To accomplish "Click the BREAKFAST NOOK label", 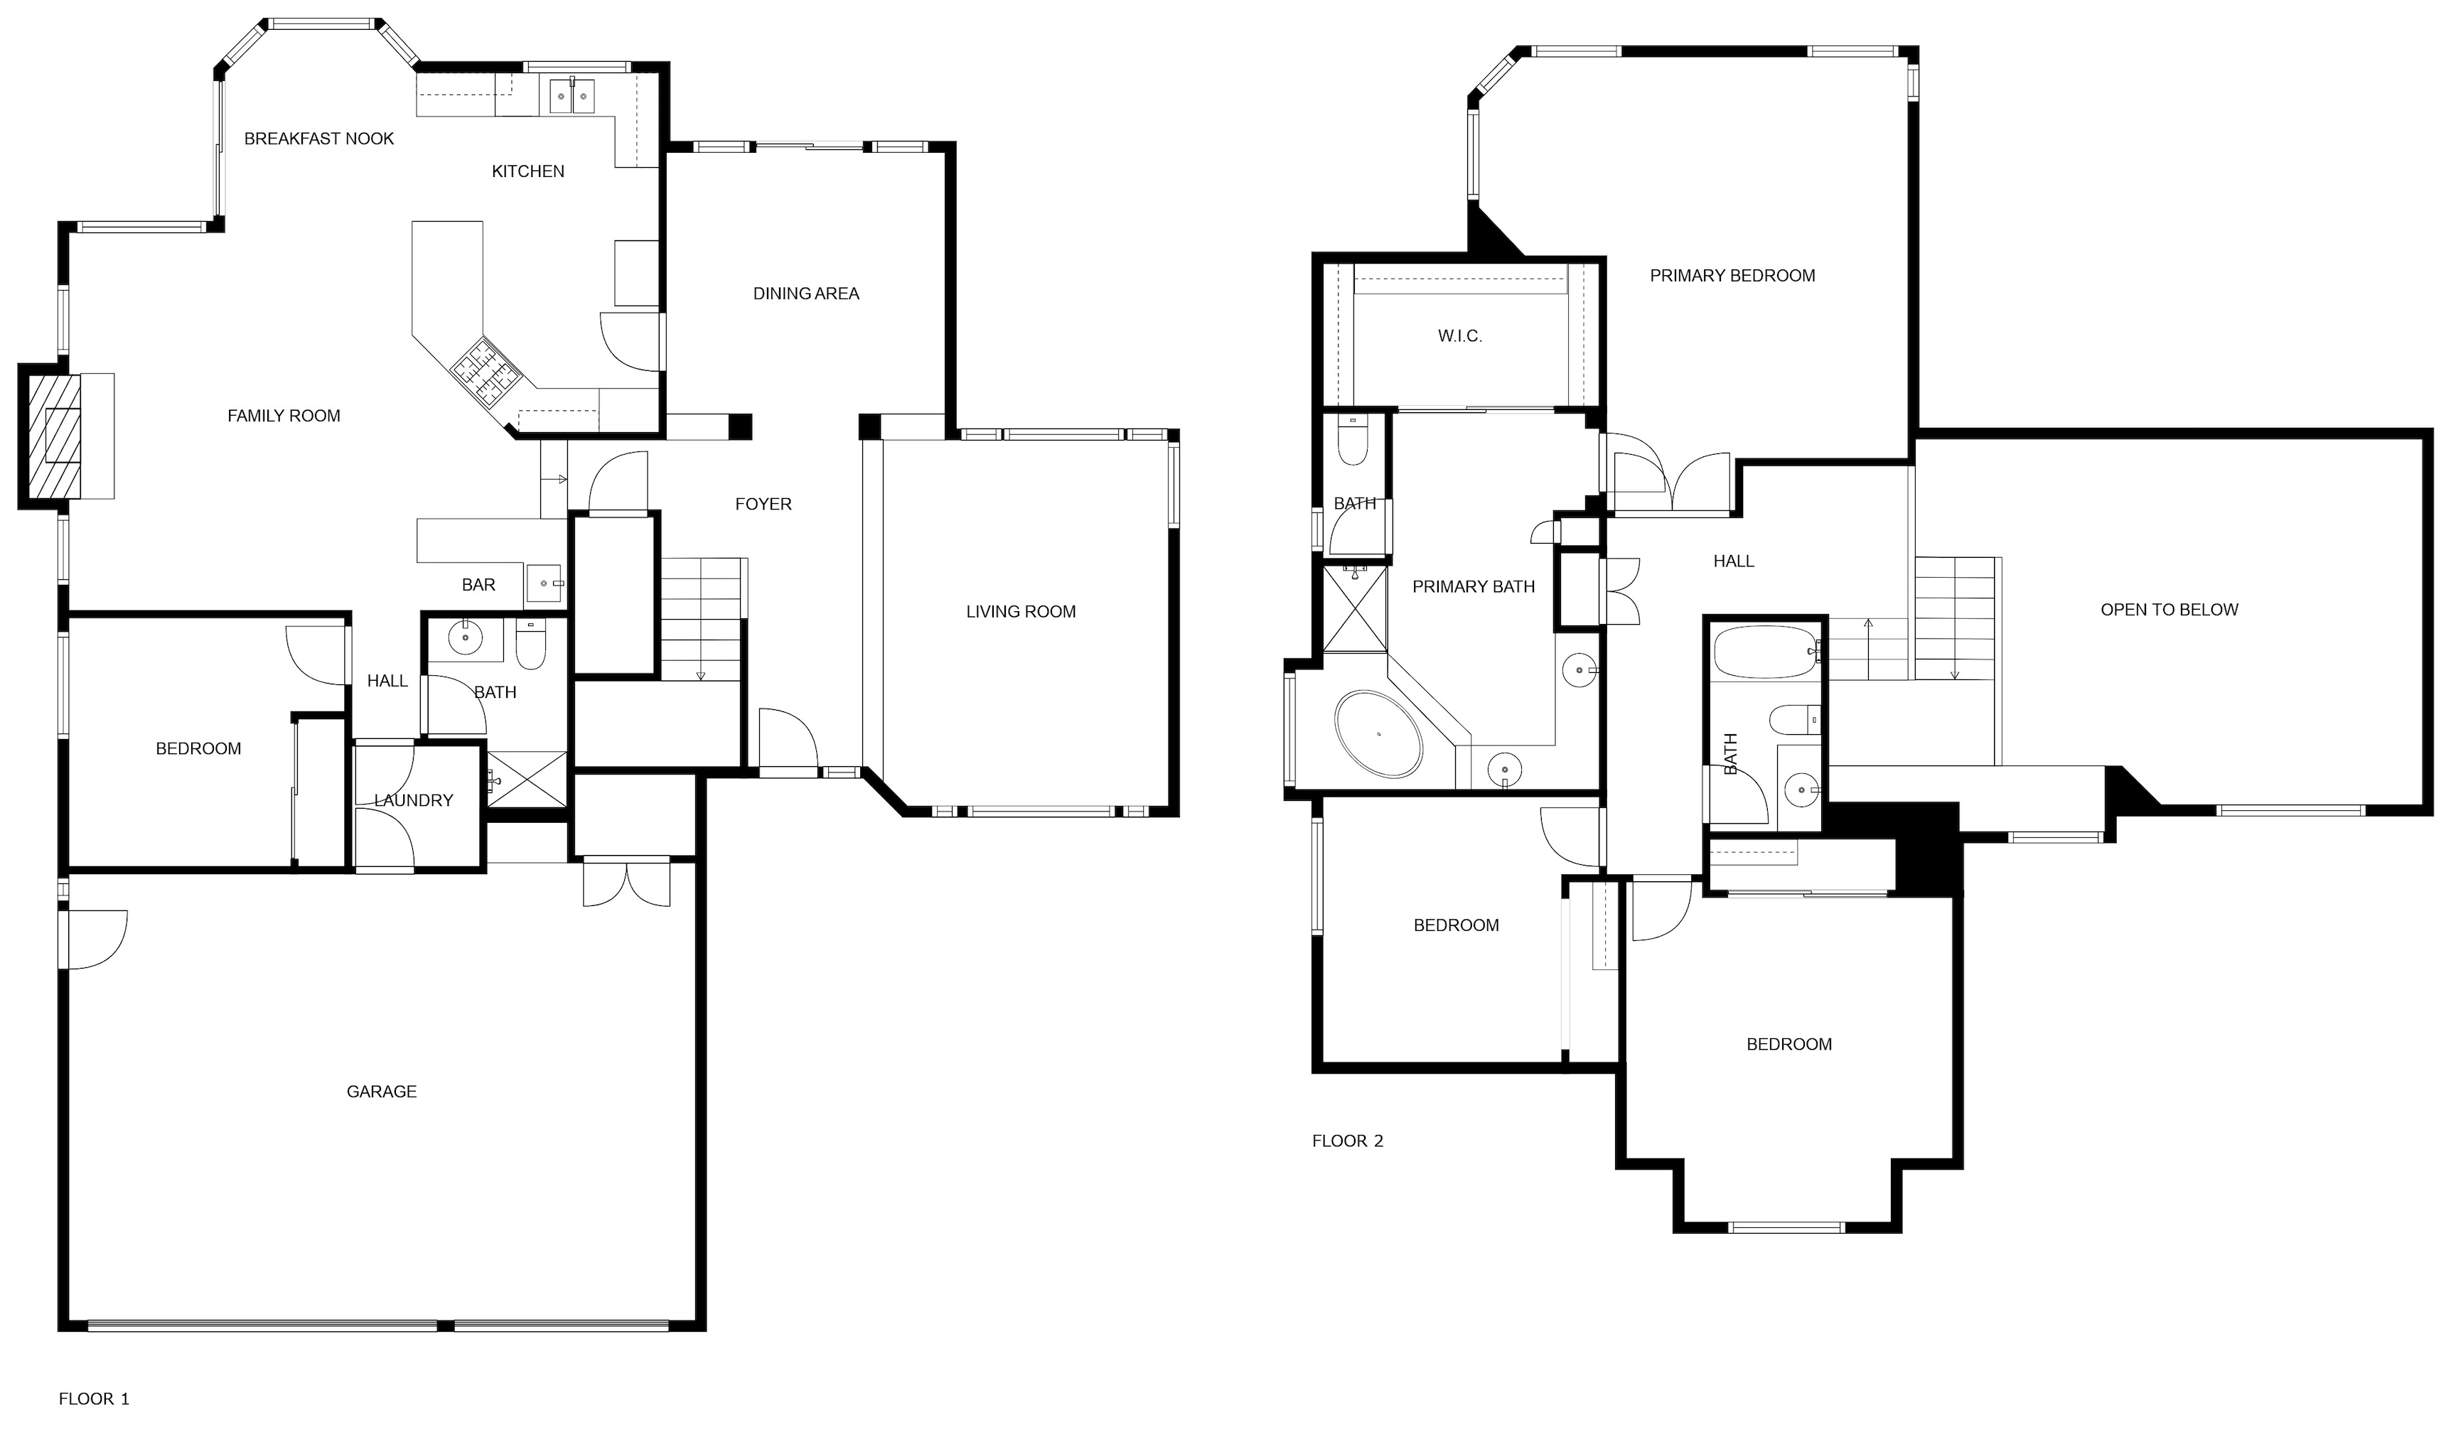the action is pyautogui.click(x=318, y=139).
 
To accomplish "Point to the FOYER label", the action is pyautogui.click(x=763, y=505).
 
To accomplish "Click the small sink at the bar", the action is pyautogui.click(x=544, y=583).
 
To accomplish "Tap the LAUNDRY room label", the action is pyautogui.click(x=414, y=800).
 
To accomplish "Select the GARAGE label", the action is pyautogui.click(x=381, y=1092).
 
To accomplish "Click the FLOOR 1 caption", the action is pyautogui.click(x=94, y=1399).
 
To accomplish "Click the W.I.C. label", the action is pyautogui.click(x=1460, y=336).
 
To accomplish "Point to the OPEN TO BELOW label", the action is pyautogui.click(x=2170, y=610).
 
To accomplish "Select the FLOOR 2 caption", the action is pyautogui.click(x=1348, y=1141).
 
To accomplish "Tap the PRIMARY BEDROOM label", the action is pyautogui.click(x=1732, y=276).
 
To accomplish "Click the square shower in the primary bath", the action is pyautogui.click(x=1356, y=608).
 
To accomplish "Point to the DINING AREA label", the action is pyautogui.click(x=805, y=294).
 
